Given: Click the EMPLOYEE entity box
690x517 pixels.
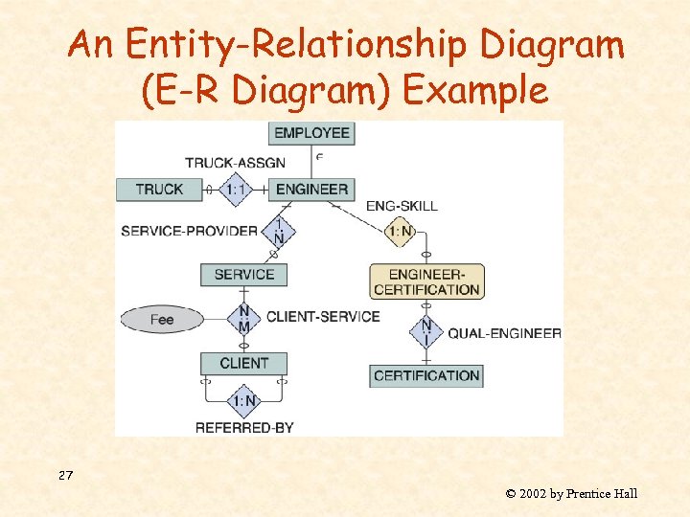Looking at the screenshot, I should pyautogui.click(x=311, y=133).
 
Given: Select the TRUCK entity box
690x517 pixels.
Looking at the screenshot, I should pyautogui.click(x=159, y=190).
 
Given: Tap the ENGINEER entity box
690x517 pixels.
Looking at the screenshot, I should pyautogui.click(x=311, y=190).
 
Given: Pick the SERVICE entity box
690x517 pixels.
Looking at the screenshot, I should pyautogui.click(x=244, y=275).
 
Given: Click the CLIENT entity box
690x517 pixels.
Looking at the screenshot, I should pyautogui.click(x=244, y=363).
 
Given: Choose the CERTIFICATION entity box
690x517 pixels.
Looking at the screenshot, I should pyautogui.click(x=426, y=375).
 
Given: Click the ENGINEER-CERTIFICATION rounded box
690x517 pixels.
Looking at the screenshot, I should pyautogui.click(x=426, y=281).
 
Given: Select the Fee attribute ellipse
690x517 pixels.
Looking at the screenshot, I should pyautogui.click(x=162, y=319).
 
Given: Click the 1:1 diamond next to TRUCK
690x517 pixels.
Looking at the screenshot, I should pyautogui.click(x=237, y=190).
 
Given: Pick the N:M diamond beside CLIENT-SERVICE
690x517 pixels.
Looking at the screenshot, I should pyautogui.click(x=244, y=319).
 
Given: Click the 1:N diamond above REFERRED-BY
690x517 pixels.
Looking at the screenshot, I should pyautogui.click(x=244, y=400).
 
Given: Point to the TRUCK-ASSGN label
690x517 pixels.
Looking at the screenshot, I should pyautogui.click(x=235, y=163).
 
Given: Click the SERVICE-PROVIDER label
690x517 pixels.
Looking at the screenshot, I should pyautogui.click(x=189, y=231).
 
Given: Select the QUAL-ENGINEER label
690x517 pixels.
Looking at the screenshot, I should pyautogui.click(x=504, y=333).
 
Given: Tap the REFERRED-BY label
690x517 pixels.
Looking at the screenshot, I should pyautogui.click(x=244, y=428).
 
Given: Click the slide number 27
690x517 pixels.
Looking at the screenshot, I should pyautogui.click(x=65, y=476).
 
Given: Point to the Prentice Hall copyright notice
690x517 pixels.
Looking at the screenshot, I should pyautogui.click(x=571, y=494).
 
